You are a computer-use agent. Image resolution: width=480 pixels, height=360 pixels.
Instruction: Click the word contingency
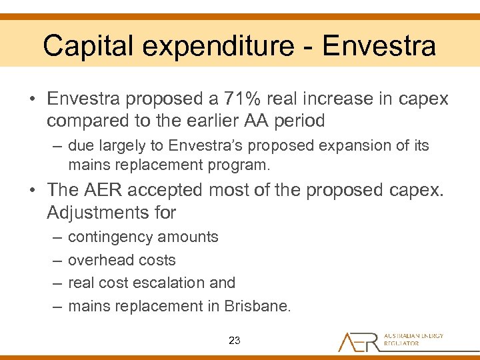[x=113, y=237]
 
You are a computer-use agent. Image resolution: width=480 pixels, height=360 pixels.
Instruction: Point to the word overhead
[x=99, y=260]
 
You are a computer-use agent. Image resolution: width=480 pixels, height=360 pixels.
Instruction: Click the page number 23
[x=234, y=340]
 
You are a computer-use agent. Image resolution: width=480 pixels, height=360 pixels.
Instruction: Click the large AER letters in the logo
[x=358, y=341]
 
